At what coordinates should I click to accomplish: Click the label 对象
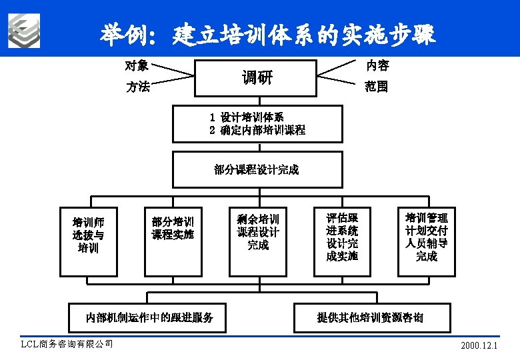pyautogui.click(x=137, y=65)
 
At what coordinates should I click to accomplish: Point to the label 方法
pyautogui.click(x=138, y=87)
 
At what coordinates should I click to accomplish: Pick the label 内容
pyautogui.click(x=377, y=65)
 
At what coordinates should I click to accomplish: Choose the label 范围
pyautogui.click(x=376, y=87)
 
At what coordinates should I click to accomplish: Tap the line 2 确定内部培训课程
pyautogui.click(x=257, y=130)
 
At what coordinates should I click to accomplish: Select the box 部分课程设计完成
pyautogui.click(x=257, y=169)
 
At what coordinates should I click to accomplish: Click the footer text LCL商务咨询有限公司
pyautogui.click(x=67, y=344)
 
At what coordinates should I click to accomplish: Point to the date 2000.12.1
pyautogui.click(x=479, y=346)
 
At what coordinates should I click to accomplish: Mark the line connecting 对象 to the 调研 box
pyautogui.click(x=172, y=70)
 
